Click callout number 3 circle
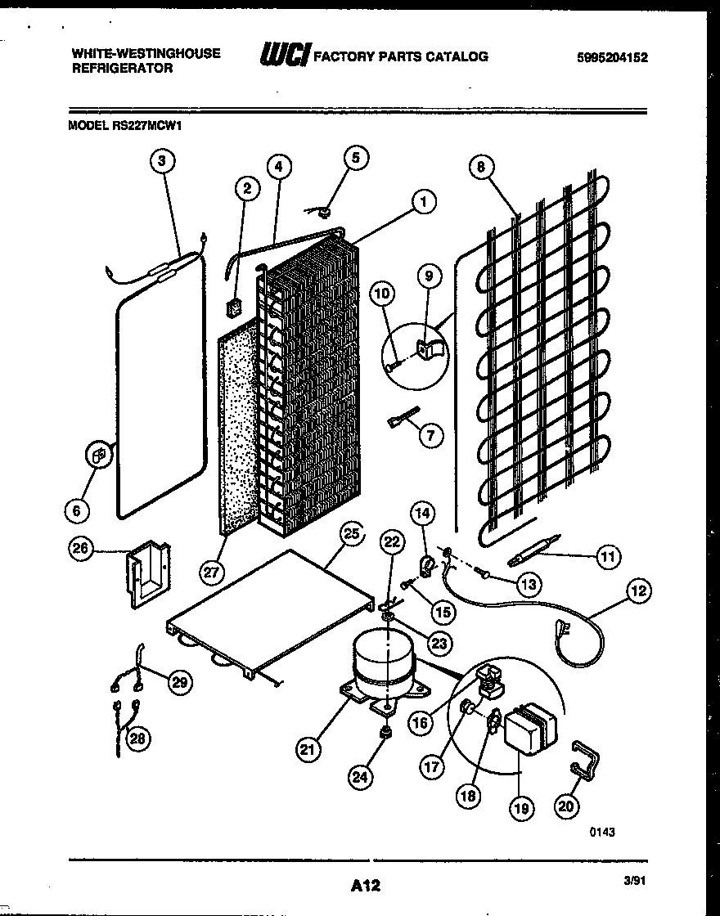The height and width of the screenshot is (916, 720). pos(162,161)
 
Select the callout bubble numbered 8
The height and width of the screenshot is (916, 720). pos(482,167)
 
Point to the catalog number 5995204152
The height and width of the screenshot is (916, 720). pos(611,57)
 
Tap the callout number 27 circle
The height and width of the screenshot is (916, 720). pos(212,572)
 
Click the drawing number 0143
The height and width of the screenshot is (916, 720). pos(601,831)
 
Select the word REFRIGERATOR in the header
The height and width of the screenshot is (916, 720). pos(123,69)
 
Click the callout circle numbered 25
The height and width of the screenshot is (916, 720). pos(350,534)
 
